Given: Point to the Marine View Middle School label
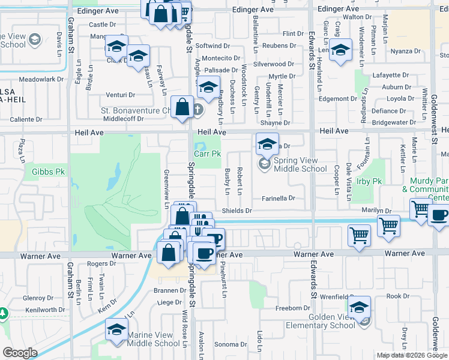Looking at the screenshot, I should [154, 343].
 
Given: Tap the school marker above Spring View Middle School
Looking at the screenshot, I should [267, 143].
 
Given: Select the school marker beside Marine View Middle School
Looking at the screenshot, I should [117, 329].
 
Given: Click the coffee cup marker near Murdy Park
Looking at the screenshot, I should [439, 215].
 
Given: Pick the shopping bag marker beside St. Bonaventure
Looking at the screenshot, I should [182, 107].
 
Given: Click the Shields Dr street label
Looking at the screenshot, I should [237, 211].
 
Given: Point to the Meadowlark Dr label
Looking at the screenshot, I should [41, 79].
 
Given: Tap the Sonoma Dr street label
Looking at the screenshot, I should [227, 344].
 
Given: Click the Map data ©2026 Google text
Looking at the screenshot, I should [412, 355].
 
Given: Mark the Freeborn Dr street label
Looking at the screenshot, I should [292, 308].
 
